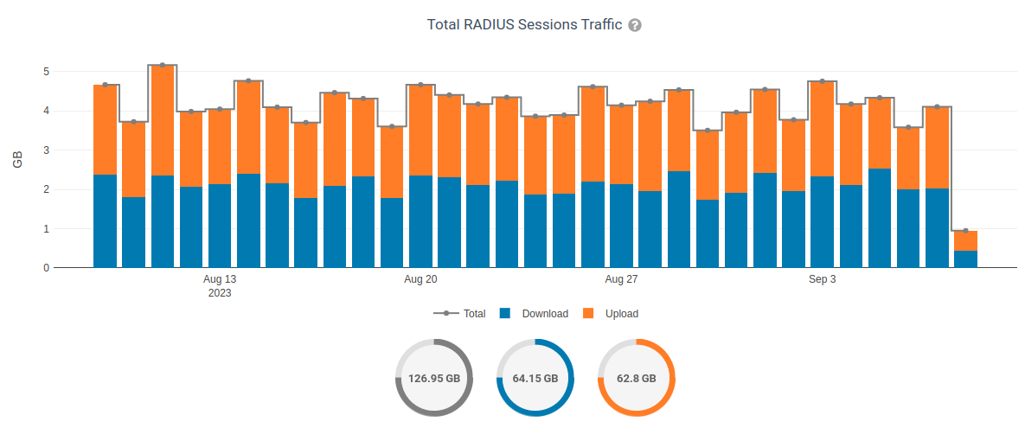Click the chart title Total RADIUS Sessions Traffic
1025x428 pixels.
(524, 24)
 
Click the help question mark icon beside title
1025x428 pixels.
(635, 25)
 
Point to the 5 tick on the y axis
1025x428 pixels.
(46, 72)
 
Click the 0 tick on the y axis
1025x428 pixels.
(46, 268)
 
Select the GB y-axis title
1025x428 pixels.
(17, 159)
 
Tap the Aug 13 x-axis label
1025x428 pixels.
(220, 279)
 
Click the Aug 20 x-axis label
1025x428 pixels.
(420, 279)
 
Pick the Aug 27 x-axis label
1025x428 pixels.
(621, 279)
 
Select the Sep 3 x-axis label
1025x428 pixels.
(822, 279)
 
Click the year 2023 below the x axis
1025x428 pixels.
(220, 293)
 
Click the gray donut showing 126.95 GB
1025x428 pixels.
(433, 378)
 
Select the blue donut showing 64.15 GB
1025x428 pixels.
(535, 378)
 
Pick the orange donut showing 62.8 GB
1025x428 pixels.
(636, 378)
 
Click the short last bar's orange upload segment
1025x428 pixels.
(965, 240)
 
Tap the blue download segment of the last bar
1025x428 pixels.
(965, 259)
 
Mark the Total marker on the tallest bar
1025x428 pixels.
(163, 65)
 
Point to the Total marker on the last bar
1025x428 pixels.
(965, 231)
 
